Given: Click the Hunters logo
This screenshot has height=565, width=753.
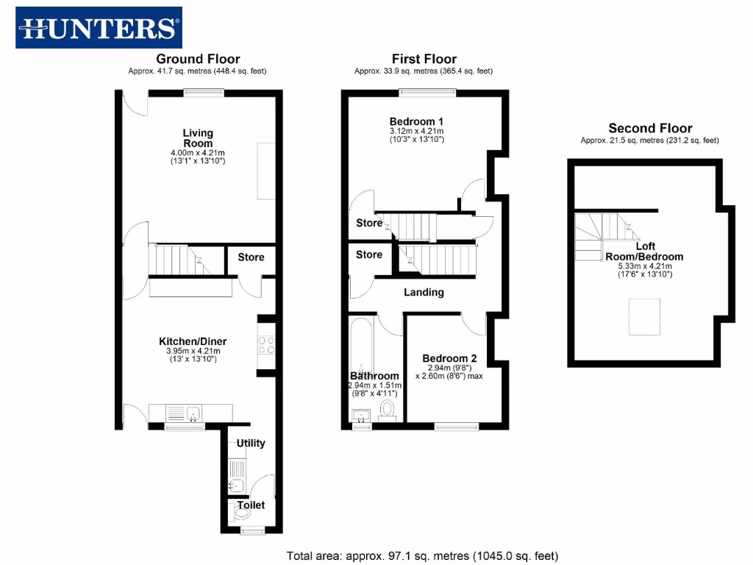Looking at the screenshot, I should [99, 28].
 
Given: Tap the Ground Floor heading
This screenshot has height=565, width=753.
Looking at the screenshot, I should [198, 59].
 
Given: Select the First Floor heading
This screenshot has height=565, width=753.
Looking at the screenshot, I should [424, 59].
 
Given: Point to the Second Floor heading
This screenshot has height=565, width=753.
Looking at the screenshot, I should [649, 128].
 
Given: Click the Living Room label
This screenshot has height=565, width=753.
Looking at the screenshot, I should [198, 138].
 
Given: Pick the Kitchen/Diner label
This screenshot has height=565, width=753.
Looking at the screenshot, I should [193, 341].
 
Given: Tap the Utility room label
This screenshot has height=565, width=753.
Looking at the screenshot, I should [251, 443].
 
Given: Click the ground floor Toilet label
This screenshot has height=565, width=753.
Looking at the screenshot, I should [250, 505].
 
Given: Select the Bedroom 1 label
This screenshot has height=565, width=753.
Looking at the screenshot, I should [416, 121].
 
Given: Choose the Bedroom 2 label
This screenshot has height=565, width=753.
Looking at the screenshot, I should [449, 358].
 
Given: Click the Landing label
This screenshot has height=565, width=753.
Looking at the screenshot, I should [424, 292].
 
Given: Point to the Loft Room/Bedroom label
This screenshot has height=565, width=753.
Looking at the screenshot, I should [644, 252].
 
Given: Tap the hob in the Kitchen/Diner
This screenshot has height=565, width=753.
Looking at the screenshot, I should [266, 345].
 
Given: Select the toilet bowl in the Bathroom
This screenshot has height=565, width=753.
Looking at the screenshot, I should [388, 409].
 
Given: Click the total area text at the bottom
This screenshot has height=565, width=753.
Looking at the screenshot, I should [422, 556].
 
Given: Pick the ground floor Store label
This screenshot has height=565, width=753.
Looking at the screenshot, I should [251, 257].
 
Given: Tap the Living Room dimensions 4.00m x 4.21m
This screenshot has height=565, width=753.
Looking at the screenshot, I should [198, 152].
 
